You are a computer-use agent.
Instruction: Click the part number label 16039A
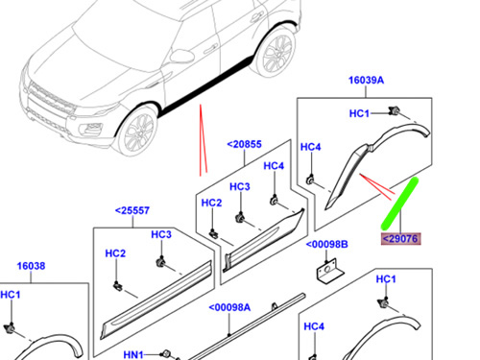click(366, 80)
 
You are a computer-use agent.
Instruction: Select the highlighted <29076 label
click(400, 239)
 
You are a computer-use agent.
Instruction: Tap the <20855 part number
click(244, 144)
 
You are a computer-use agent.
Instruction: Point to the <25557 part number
click(132, 210)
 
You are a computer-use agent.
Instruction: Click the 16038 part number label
click(31, 266)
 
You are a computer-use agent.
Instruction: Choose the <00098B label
click(326, 245)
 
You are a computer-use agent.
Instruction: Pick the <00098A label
click(229, 307)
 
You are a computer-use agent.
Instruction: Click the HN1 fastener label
click(133, 354)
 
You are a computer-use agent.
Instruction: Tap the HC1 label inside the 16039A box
click(359, 113)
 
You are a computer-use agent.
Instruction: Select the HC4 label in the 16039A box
click(310, 147)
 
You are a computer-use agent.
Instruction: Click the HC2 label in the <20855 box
click(211, 203)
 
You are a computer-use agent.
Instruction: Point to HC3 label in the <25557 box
click(161, 234)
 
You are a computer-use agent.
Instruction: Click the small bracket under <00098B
click(330, 271)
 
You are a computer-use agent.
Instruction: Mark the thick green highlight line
click(400, 204)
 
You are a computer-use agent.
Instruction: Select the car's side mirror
click(181, 57)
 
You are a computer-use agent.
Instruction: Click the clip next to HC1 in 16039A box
click(395, 111)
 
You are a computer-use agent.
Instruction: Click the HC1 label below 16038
click(11, 295)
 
